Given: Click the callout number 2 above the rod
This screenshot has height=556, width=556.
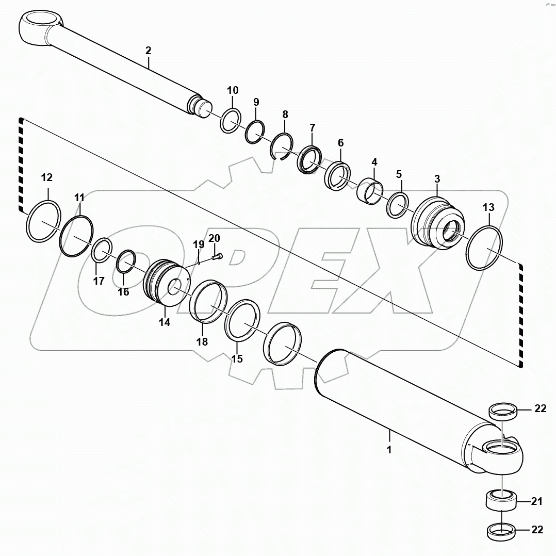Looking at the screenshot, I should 148,51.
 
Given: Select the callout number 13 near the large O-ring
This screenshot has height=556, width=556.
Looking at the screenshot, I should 488,208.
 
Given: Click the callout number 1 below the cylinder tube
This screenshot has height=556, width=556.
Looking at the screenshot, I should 389,450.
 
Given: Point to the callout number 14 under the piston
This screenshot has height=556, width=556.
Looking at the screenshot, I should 164,323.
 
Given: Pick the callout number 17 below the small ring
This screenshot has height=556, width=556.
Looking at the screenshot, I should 99,281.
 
